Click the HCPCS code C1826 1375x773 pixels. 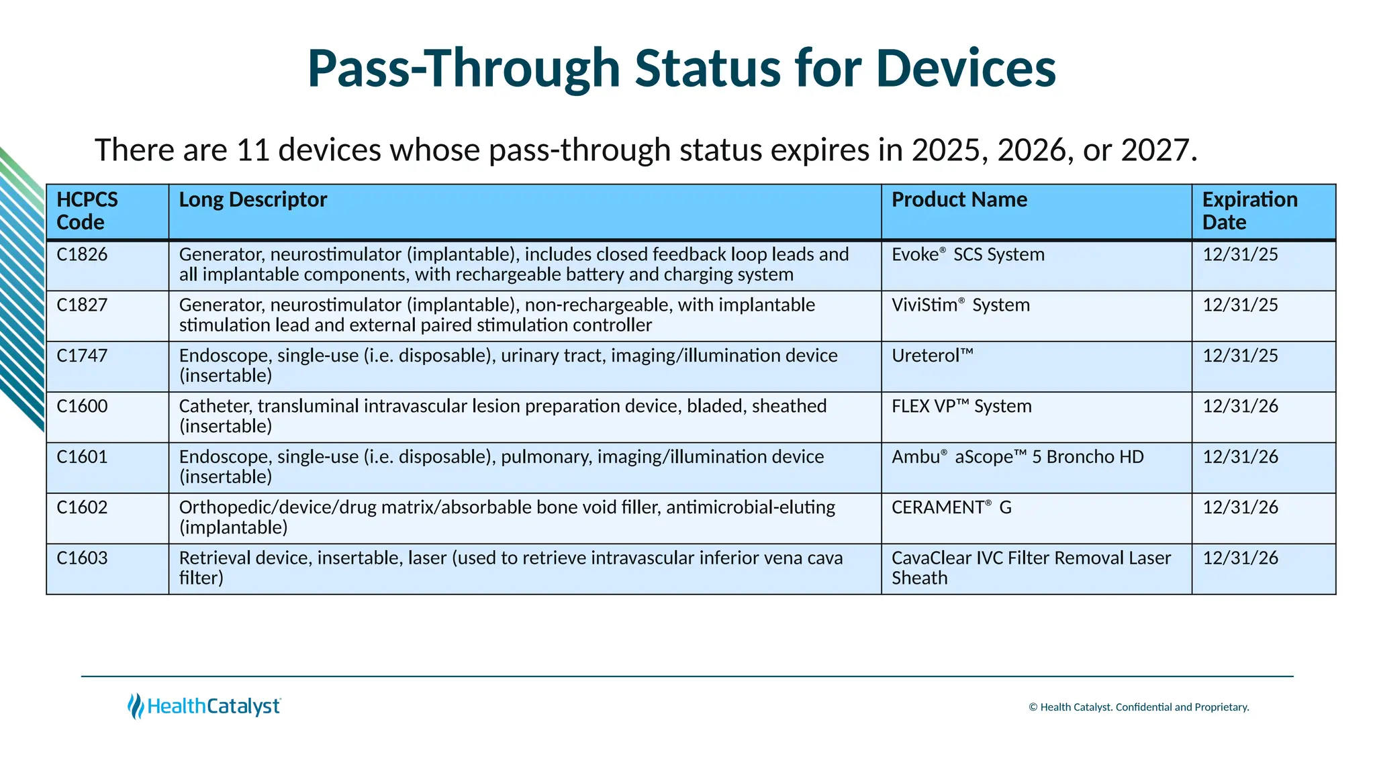point(82,255)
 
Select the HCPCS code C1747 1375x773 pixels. point(82,356)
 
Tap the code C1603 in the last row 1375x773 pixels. point(82,558)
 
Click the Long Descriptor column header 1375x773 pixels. point(252,200)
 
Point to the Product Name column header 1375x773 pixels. point(959,200)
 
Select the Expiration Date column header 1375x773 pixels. point(1249,211)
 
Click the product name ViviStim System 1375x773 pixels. point(960,305)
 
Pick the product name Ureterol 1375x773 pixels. point(932,356)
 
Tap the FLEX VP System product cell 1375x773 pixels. point(961,407)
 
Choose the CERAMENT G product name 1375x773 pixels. point(951,508)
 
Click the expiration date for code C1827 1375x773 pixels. point(1240,305)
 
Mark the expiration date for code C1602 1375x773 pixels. point(1240,508)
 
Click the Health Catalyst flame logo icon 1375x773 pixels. point(136,706)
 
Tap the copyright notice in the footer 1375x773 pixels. point(1139,707)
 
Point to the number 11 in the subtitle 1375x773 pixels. point(253,150)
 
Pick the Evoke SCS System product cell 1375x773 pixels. point(967,255)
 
